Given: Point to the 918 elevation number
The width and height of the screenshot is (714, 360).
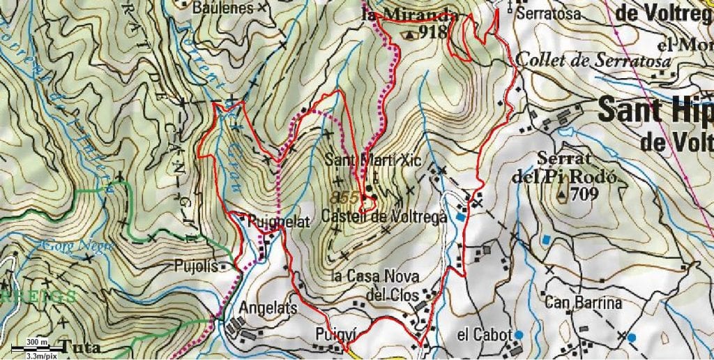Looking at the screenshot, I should click(x=433, y=32).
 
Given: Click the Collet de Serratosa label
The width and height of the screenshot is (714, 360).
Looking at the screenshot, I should click(x=593, y=61).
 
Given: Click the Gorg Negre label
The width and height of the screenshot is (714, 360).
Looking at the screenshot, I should click(x=68, y=246).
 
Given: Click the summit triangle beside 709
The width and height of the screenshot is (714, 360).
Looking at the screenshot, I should click(x=562, y=194).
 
